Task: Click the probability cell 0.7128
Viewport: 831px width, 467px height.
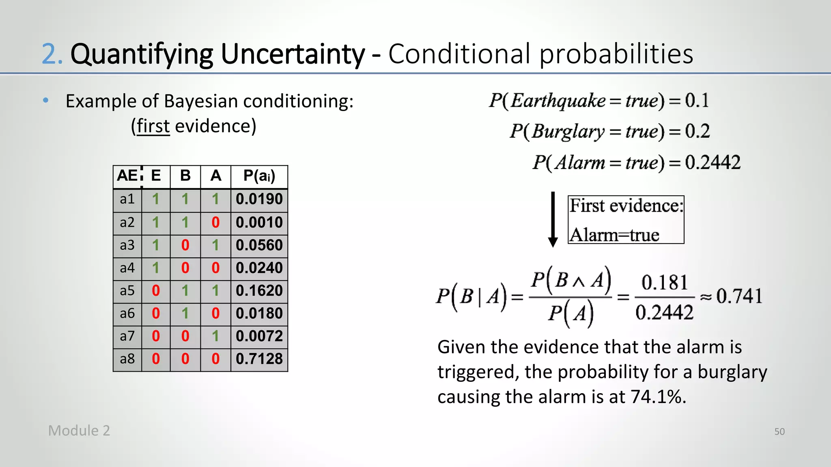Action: [259, 359]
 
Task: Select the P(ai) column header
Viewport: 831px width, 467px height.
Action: [259, 176]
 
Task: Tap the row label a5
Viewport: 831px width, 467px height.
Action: [127, 291]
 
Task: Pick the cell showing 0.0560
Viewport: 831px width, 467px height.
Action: [259, 245]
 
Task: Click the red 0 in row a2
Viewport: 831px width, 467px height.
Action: [215, 223]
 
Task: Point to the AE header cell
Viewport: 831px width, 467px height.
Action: [127, 176]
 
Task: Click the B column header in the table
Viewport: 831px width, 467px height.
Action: [185, 176]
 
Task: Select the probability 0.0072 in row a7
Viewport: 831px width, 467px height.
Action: [259, 336]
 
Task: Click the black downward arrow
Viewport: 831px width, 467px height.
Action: [553, 219]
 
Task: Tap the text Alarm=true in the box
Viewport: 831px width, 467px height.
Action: [614, 235]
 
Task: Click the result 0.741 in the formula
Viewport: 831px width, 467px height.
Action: [739, 296]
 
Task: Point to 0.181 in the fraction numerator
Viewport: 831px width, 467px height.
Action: [664, 283]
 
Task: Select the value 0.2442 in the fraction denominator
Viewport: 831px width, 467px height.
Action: [664, 313]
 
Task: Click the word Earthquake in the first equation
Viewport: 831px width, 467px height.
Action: [558, 101]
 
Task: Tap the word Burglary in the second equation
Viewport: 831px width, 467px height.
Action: [568, 131]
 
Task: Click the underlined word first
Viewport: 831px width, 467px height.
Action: [153, 126]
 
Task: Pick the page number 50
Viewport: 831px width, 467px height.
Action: [779, 431]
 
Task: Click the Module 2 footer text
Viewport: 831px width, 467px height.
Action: [79, 431]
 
